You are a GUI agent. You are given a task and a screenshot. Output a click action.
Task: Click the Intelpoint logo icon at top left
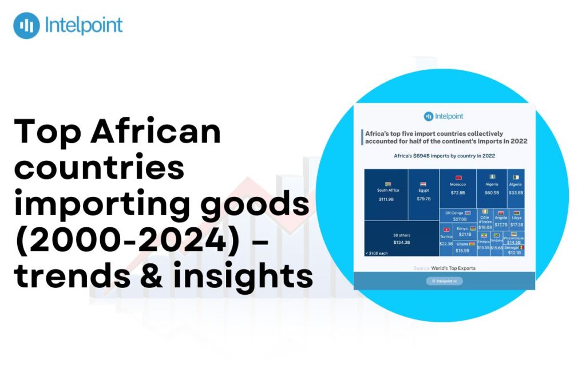click(x=26, y=26)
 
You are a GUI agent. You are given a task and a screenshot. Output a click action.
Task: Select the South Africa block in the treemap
click(x=387, y=195)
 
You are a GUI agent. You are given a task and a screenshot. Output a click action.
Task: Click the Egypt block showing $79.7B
click(x=423, y=195)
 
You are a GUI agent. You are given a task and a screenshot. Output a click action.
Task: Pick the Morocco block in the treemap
click(x=458, y=188)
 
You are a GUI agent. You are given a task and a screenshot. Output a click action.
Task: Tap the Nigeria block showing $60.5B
click(x=492, y=188)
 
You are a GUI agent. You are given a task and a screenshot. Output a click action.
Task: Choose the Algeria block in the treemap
click(x=516, y=188)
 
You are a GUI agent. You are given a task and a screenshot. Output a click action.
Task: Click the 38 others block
click(x=401, y=239)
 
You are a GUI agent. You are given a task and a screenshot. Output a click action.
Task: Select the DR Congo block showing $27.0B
click(x=458, y=216)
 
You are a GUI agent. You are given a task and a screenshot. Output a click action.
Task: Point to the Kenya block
click(x=465, y=231)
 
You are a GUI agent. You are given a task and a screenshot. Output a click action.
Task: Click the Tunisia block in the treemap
click(x=446, y=239)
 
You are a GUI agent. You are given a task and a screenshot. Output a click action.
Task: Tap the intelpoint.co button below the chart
click(x=444, y=281)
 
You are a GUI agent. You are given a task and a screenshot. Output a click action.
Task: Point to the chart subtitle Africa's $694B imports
click(x=444, y=156)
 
